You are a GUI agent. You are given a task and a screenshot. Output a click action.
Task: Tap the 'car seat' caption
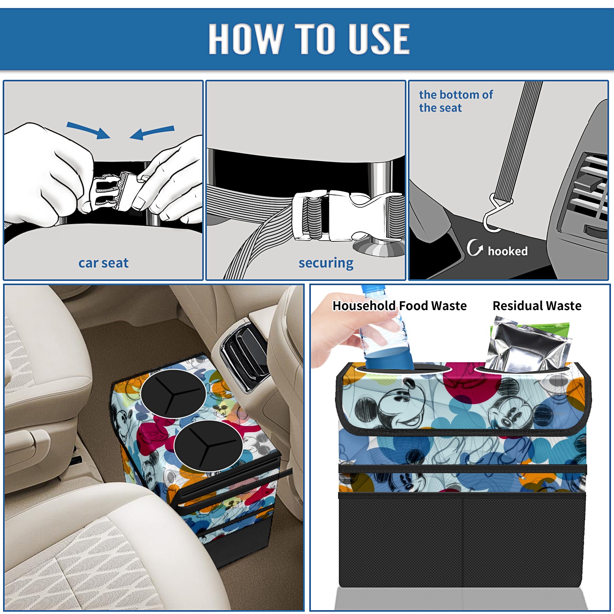[x=103, y=263]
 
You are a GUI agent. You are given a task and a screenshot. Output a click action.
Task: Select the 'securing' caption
[x=326, y=263]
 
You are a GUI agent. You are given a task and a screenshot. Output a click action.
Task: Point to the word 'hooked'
[x=508, y=251]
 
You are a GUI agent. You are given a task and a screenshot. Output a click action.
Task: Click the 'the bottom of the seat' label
[x=456, y=101]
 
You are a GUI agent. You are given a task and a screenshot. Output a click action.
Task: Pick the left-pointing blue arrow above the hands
[x=152, y=132]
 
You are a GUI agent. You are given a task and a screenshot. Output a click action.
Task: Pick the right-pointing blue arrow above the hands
[x=88, y=130]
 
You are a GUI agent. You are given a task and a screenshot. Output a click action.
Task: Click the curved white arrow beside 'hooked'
[x=475, y=248]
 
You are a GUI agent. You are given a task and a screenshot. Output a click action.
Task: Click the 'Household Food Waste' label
[x=399, y=306]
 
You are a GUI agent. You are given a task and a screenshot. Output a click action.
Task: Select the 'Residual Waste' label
[x=537, y=306]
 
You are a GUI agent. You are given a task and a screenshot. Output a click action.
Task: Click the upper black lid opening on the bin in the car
[x=173, y=394]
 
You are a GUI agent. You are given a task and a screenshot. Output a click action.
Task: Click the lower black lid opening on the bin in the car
[x=208, y=446]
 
